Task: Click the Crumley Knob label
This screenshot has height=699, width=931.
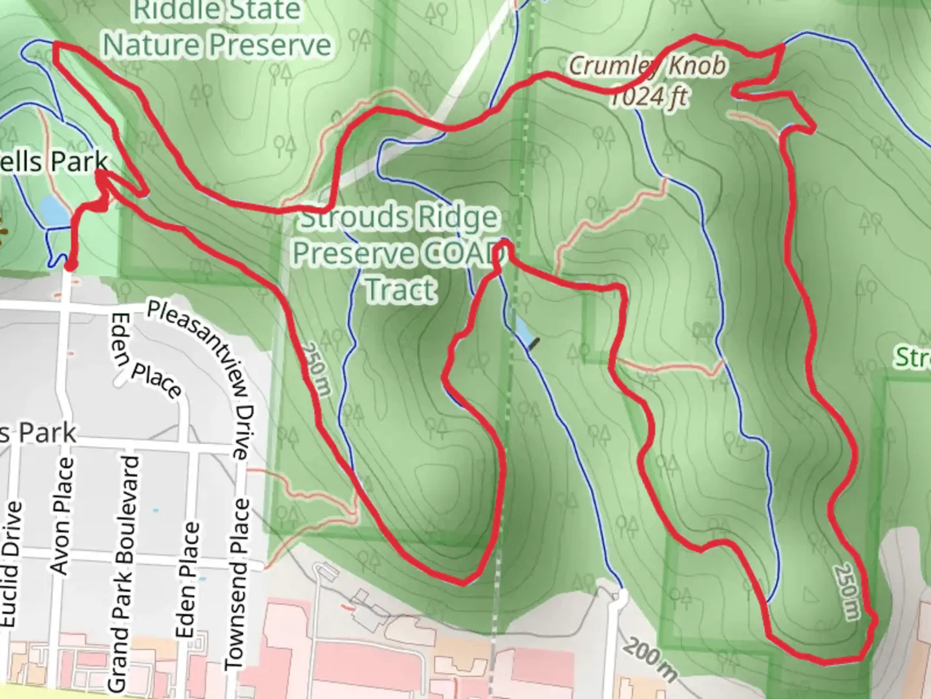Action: coord(647,65)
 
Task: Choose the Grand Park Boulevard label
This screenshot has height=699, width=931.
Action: coord(123,573)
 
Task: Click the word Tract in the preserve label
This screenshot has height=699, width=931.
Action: coord(401,288)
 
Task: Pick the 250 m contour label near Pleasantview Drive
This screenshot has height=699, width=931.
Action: coord(317,368)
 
